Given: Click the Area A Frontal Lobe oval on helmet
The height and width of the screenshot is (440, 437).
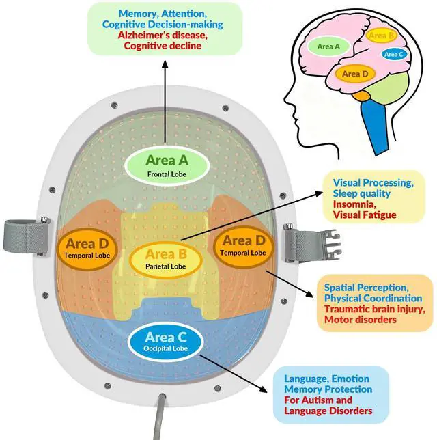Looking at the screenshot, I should tap(166, 165).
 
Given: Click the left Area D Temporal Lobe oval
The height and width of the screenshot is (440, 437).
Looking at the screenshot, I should tap(88, 247).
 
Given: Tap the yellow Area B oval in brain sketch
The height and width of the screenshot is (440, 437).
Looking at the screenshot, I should tap(382, 36).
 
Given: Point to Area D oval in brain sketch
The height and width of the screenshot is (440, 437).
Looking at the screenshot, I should tap(355, 73).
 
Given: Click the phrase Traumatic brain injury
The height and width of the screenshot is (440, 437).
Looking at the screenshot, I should tap(373, 309).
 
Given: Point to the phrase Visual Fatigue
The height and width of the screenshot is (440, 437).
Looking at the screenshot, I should tap(365, 215).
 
